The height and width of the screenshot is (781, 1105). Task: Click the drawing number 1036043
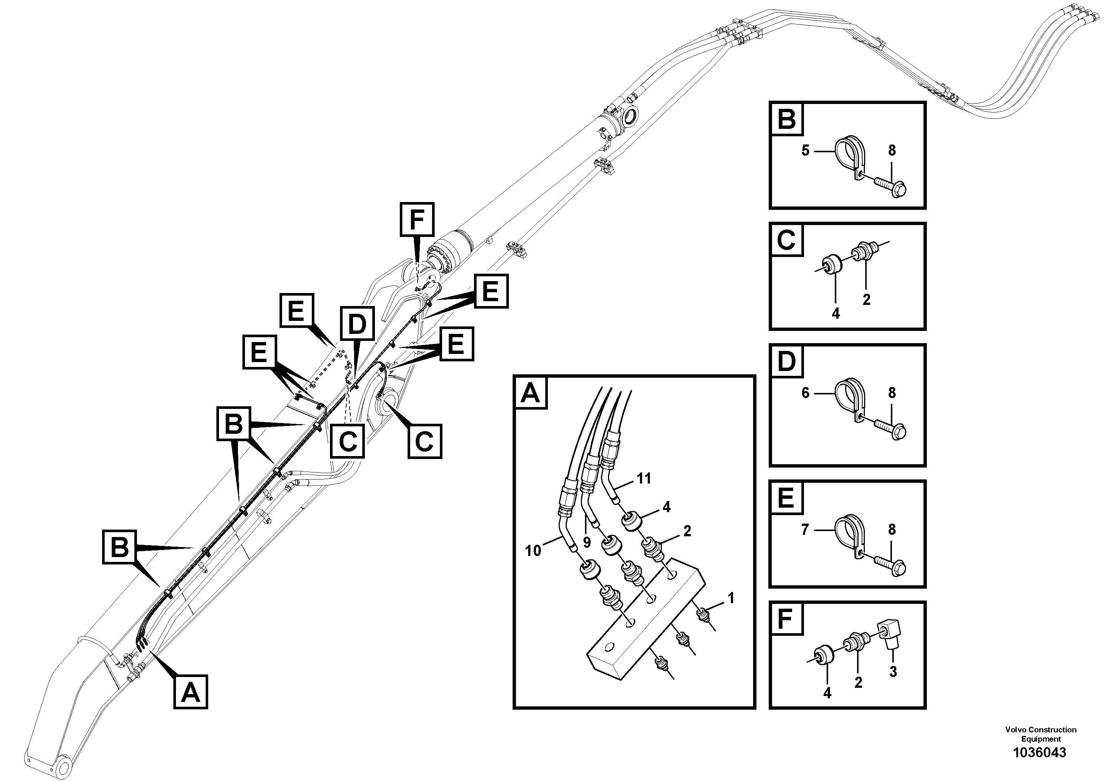coord(1040,753)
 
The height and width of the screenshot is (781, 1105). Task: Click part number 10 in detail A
coord(533,550)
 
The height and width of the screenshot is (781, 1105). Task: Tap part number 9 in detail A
coord(587,542)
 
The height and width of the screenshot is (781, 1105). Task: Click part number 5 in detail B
coord(805,150)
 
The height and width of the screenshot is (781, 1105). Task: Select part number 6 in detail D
coord(805,393)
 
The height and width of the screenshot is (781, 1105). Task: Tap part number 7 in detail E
coord(805,530)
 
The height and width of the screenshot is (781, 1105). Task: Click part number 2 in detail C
coord(866,299)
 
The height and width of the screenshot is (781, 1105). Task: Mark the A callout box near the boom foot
coord(190,693)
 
